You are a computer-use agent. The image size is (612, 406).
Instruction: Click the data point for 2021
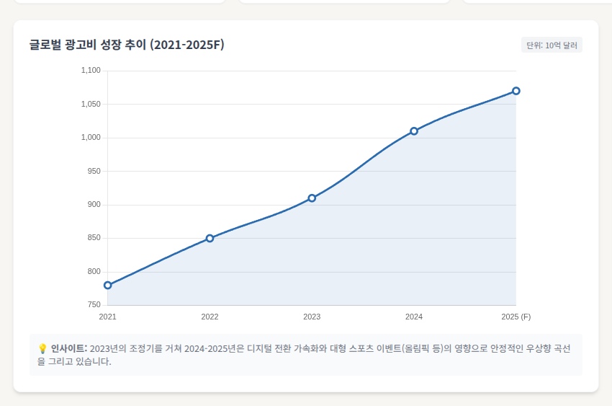(107, 285)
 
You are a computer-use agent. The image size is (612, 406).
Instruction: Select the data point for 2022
(210, 238)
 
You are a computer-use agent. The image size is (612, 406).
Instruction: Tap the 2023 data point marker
(312, 198)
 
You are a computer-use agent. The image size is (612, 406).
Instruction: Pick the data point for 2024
(414, 131)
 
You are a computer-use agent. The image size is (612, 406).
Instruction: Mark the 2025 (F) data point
(516, 91)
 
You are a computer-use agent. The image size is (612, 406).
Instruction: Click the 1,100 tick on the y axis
(91, 71)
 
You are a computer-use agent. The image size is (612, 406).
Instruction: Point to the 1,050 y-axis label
(91, 104)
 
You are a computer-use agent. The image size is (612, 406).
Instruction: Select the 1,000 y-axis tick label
(91, 138)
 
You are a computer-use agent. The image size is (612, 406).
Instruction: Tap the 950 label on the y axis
(94, 171)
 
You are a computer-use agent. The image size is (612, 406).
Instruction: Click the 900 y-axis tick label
(94, 205)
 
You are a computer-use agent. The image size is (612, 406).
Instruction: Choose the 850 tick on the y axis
(94, 238)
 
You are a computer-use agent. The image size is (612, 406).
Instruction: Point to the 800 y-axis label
(94, 272)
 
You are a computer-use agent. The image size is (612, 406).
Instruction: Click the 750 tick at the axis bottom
(94, 305)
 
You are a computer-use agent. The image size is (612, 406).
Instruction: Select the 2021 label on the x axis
(107, 317)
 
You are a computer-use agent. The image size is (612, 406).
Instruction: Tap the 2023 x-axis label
(312, 317)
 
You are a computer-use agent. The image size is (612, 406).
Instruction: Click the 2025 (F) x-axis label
(516, 317)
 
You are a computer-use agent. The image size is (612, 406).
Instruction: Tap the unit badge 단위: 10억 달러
(552, 45)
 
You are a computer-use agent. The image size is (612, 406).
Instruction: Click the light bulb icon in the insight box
(42, 348)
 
